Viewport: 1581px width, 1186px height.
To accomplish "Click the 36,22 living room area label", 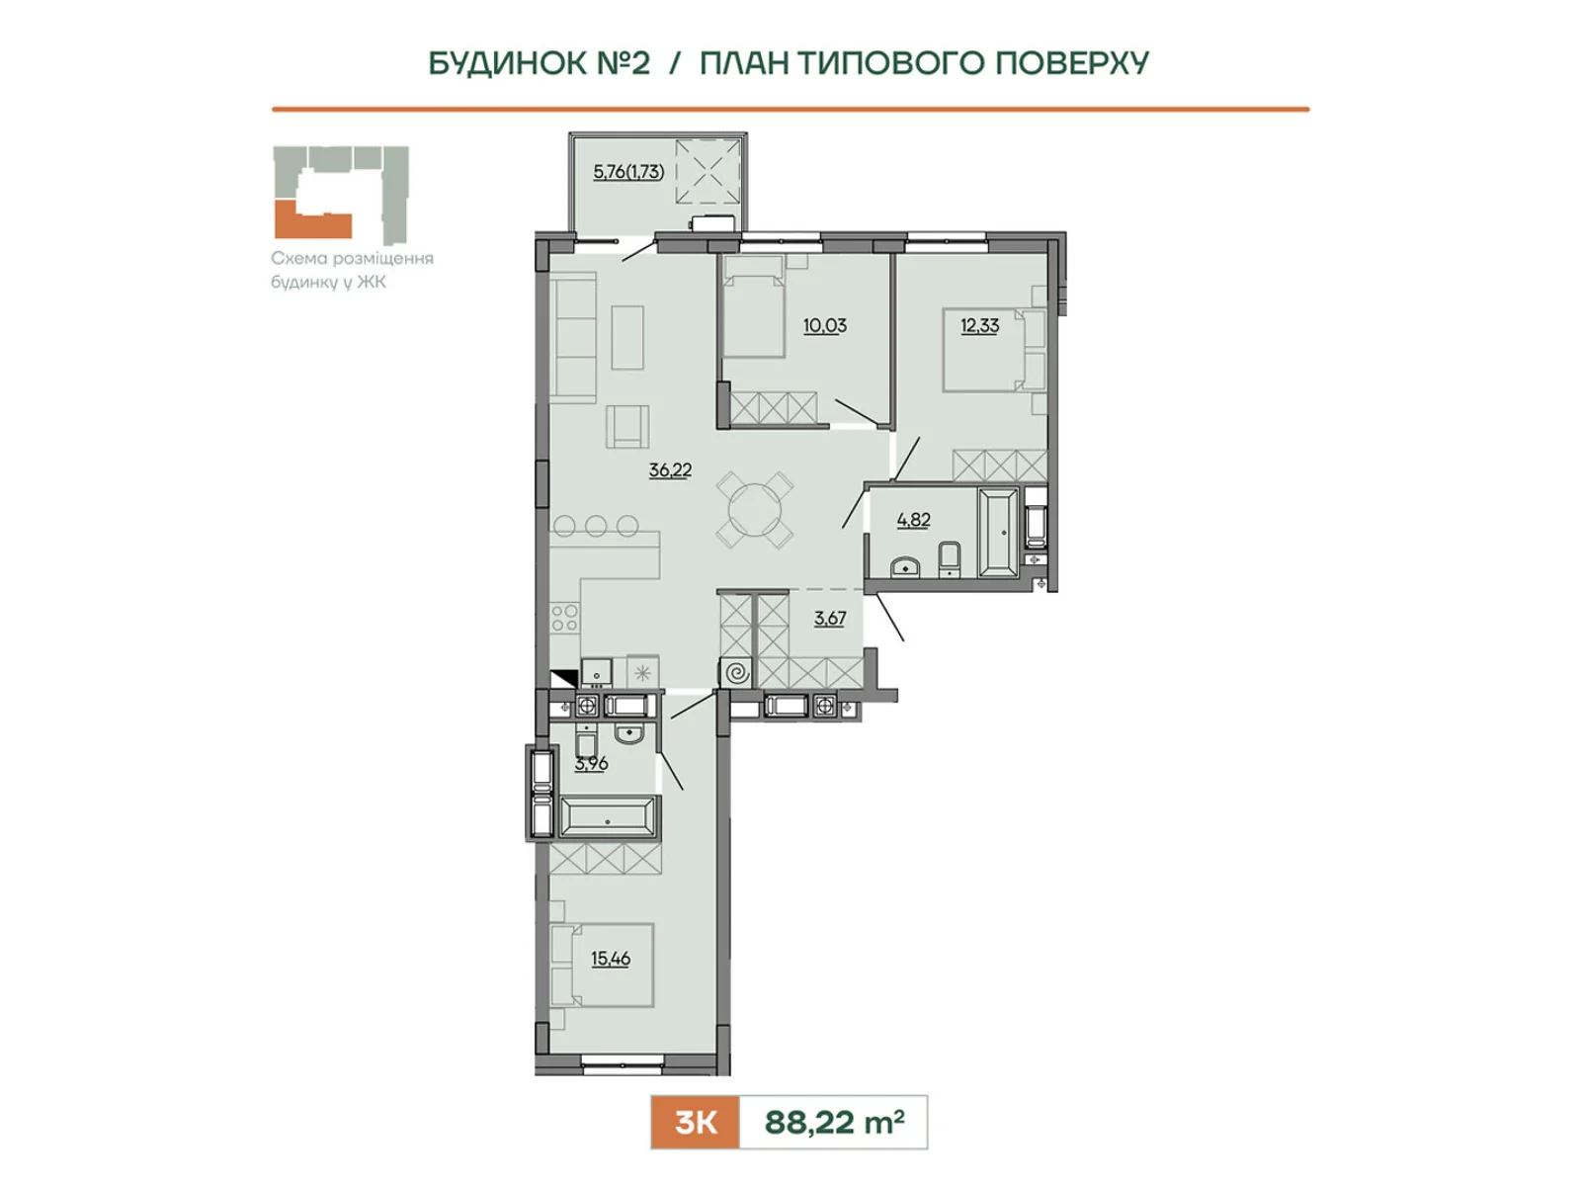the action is pos(670,470).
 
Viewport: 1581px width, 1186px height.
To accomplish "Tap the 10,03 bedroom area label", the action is pos(825,325).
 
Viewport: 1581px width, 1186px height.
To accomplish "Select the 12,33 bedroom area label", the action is pos(979,325).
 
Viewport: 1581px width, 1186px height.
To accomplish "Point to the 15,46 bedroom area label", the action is pos(610,959).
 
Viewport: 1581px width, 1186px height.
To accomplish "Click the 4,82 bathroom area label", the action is pos(913,519).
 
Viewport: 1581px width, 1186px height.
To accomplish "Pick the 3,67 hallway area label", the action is pos(830,618).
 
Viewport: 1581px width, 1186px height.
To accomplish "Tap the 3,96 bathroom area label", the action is pos(591,763).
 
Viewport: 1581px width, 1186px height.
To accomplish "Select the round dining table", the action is pos(754,511).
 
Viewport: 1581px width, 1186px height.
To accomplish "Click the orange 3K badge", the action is pos(695,1122).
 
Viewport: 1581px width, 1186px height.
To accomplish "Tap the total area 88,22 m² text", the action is pos(834,1122).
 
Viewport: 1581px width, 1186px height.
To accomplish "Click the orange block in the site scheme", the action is pos(312,219).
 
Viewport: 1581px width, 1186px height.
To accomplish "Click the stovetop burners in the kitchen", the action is pos(564,618).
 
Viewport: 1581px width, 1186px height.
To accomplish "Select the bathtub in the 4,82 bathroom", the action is pos(998,532).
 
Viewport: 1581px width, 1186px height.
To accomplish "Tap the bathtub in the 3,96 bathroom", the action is pos(610,818).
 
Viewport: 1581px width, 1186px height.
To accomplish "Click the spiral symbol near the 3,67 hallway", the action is pos(736,674).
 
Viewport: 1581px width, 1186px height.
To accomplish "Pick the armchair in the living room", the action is pos(627,426).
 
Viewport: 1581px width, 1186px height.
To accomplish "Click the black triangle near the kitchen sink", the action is pos(564,678).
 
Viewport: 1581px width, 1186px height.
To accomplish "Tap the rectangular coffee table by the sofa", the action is pos(627,338).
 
